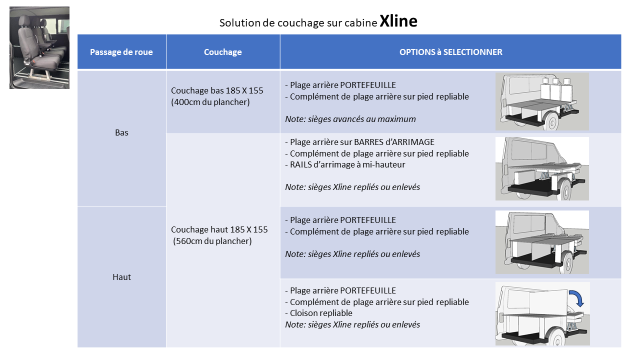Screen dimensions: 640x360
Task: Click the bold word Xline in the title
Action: click(x=398, y=21)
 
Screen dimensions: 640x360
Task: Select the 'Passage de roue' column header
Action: click(x=121, y=52)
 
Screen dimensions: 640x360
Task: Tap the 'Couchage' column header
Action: click(x=223, y=52)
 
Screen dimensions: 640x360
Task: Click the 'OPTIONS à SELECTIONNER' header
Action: click(x=450, y=52)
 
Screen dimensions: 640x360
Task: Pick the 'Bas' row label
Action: click(x=121, y=132)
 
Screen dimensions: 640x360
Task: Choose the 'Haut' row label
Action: click(x=121, y=277)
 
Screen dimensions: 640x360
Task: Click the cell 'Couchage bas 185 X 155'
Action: click(x=217, y=90)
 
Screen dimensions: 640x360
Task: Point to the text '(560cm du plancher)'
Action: click(x=212, y=241)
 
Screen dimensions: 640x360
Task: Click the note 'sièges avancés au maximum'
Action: click(x=361, y=119)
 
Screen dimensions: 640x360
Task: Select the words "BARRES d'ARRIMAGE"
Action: click(x=394, y=142)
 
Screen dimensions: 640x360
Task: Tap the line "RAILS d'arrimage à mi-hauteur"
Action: click(x=345, y=164)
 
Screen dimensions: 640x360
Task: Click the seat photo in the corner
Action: click(x=39, y=47)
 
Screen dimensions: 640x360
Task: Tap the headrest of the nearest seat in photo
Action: click(x=24, y=21)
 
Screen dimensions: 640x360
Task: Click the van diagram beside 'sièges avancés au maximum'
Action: click(x=542, y=101)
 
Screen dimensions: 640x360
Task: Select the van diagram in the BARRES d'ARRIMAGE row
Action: click(x=542, y=168)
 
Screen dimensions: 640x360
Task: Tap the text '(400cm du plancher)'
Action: click(x=210, y=102)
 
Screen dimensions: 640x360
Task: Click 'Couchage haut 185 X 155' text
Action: click(x=219, y=229)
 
